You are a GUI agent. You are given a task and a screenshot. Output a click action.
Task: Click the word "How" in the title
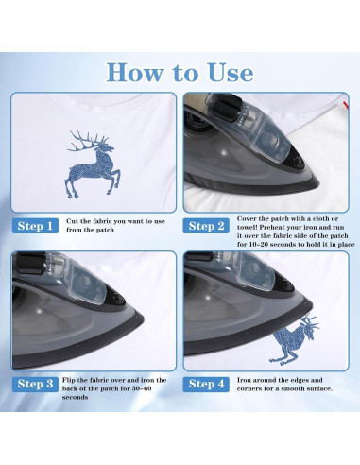click(135, 73)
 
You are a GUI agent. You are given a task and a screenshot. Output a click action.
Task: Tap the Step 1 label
click(35, 226)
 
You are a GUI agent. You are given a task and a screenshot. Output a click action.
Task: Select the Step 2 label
click(206, 226)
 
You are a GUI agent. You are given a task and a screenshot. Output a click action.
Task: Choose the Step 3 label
click(35, 384)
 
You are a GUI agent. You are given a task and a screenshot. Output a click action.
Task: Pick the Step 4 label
click(206, 384)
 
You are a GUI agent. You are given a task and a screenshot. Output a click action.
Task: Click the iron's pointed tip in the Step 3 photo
click(143, 317)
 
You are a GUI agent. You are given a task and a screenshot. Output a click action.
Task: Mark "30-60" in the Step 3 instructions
click(142, 388)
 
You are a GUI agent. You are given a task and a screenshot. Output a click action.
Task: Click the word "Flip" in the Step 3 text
click(69, 380)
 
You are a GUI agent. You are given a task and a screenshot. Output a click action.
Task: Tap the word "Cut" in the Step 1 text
click(72, 221)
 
